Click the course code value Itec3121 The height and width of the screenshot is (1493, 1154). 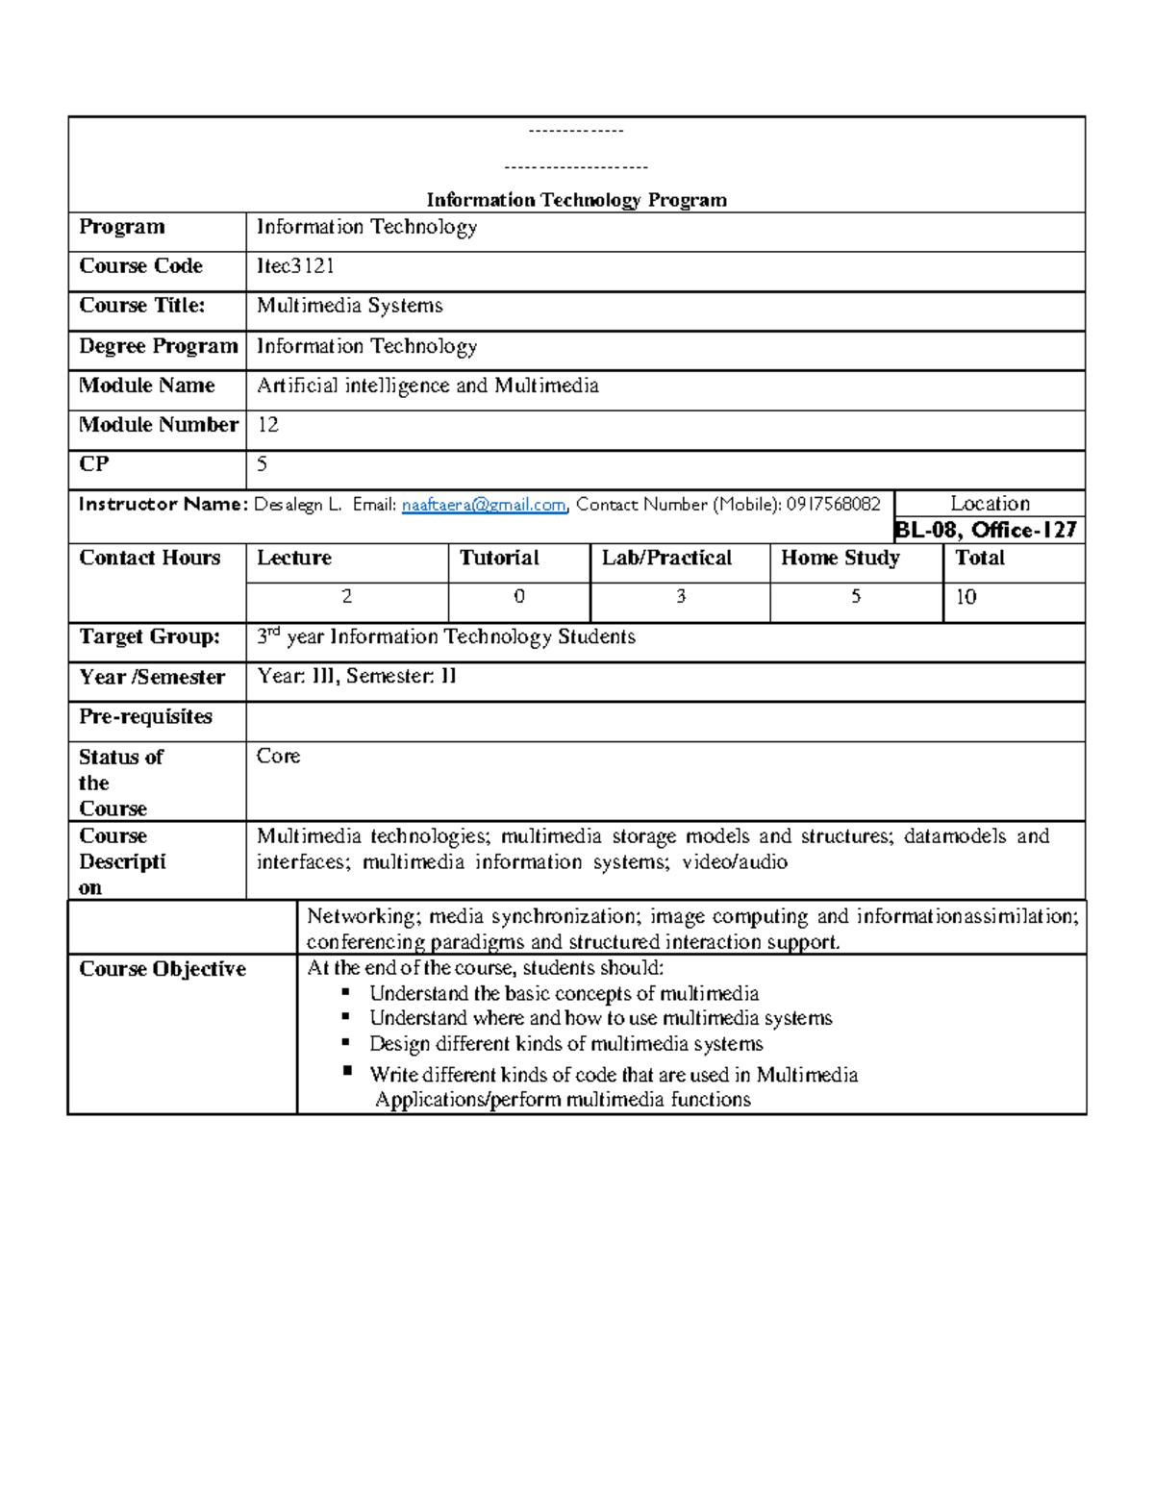[295, 266]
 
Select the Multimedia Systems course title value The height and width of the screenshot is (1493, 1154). [349, 306]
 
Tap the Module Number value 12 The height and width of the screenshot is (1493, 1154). [267, 425]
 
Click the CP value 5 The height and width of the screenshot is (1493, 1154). [262, 464]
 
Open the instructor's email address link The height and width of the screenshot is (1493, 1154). [484, 505]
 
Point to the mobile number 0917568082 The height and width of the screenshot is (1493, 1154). [833, 504]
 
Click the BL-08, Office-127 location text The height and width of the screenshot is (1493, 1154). [986, 530]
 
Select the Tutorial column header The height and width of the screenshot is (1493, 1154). [499, 559]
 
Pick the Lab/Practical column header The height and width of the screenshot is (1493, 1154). [666, 559]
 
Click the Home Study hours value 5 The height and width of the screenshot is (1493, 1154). [855, 597]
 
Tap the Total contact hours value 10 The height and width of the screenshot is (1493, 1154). [966, 597]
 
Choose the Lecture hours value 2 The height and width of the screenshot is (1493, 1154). [346, 597]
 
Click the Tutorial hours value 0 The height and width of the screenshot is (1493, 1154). [518, 597]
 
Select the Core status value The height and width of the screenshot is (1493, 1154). [278, 757]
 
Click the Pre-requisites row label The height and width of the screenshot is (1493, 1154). [145, 717]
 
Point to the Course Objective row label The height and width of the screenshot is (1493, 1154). [162, 969]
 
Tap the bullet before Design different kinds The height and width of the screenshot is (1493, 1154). [347, 1042]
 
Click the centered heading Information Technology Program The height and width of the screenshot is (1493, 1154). [576, 200]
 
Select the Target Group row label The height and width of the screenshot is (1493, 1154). [149, 637]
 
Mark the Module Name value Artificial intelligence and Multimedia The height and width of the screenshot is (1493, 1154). [427, 386]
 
